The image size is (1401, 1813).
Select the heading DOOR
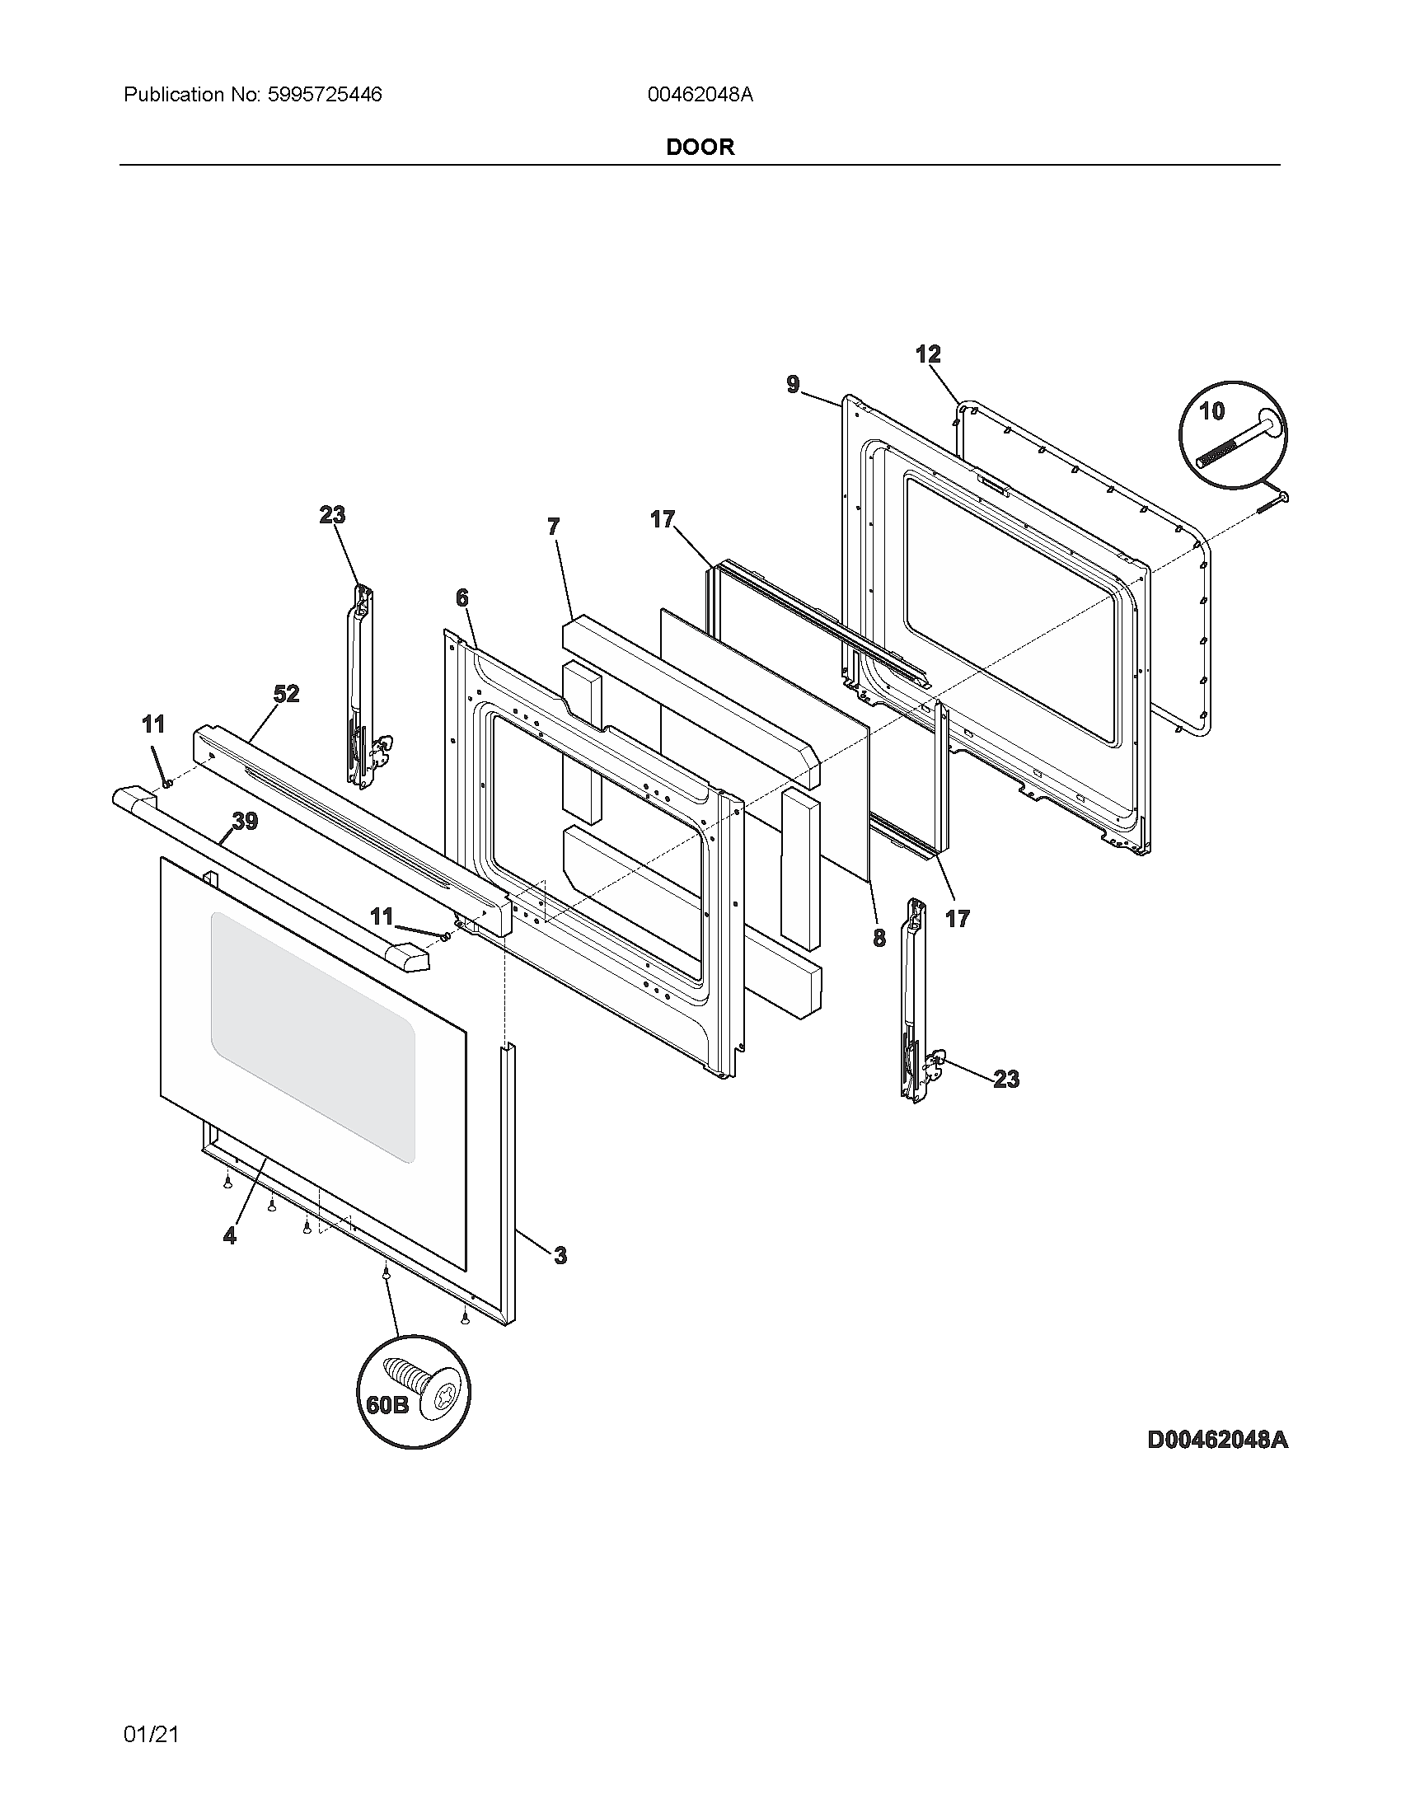coord(700,148)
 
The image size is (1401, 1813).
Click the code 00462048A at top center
coord(700,95)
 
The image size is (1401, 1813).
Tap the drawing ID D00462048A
coord(1216,1440)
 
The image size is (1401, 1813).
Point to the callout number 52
coord(286,694)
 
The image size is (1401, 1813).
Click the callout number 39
coord(245,822)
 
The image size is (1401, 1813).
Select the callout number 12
coord(928,354)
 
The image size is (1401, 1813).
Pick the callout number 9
coord(793,384)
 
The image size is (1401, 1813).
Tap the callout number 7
coord(554,527)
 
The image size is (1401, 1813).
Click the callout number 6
coord(462,597)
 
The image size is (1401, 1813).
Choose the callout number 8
coord(879,938)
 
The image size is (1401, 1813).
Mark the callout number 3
coord(560,1256)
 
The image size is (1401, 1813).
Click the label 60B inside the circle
coord(387,1404)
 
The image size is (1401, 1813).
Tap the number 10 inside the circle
coord(1211,410)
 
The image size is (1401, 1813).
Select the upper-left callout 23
coord(332,515)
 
